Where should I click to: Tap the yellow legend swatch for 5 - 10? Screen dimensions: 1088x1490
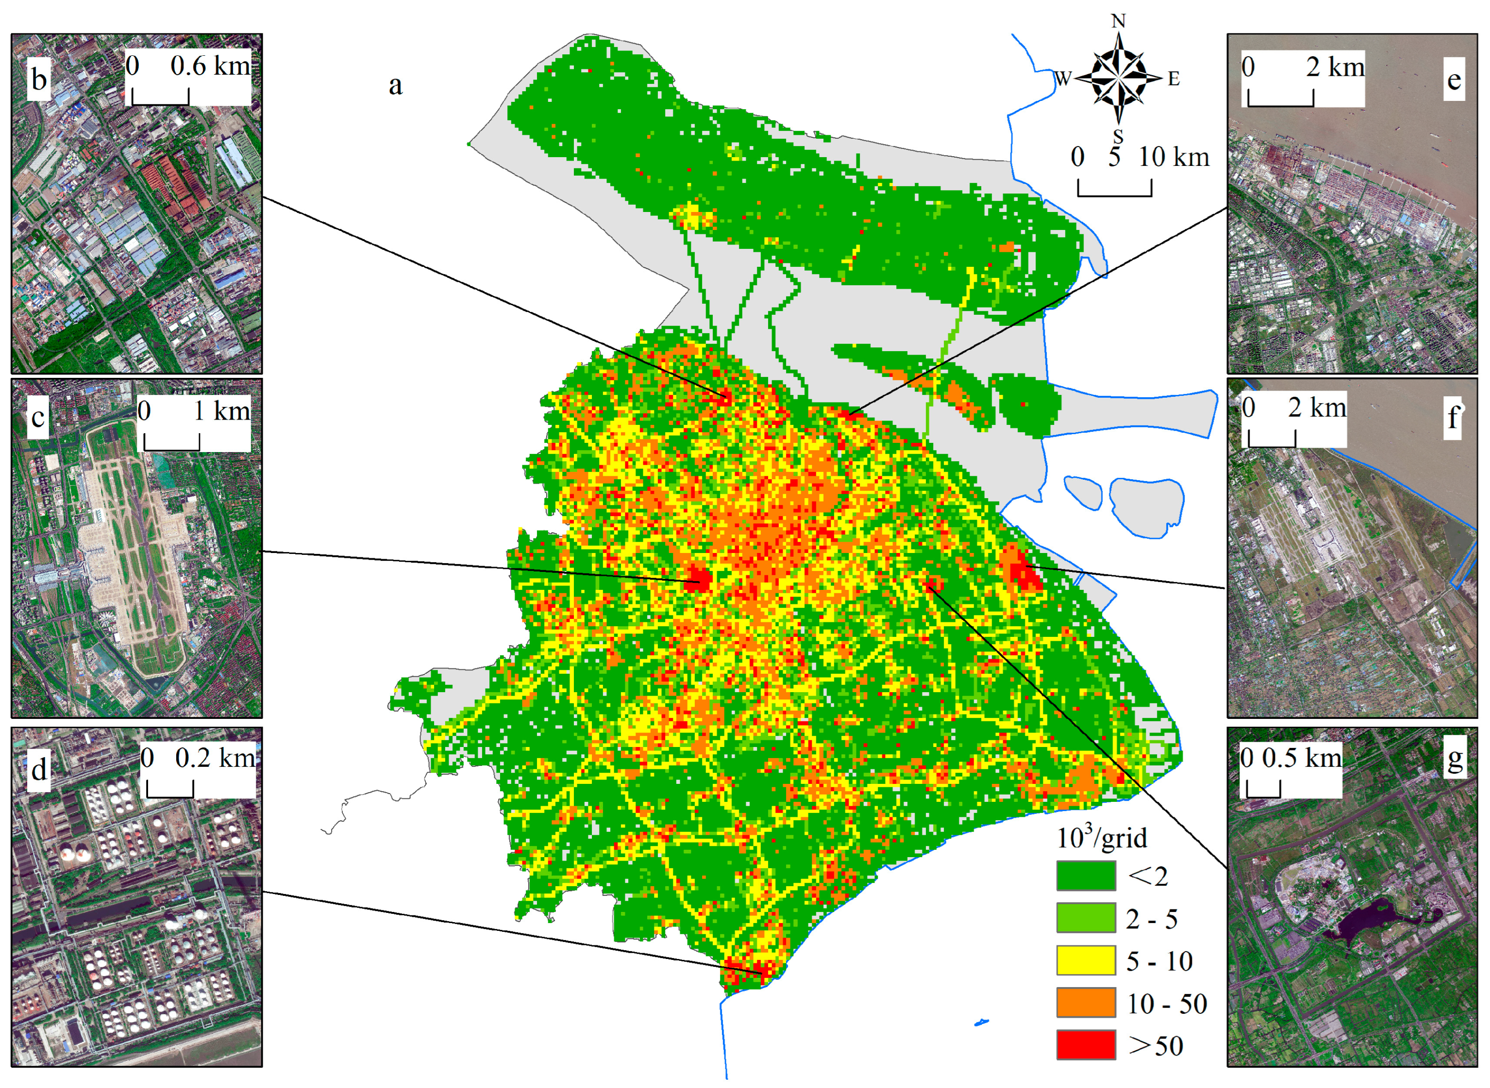[1086, 960]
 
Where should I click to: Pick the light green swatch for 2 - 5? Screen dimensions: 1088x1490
[1086, 918]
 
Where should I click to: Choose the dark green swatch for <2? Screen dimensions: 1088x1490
[1086, 876]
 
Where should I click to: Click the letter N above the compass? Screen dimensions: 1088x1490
[1118, 21]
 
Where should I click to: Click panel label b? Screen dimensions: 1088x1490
[39, 80]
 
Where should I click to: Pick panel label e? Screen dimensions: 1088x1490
[1454, 80]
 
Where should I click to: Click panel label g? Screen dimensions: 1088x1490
[1455, 759]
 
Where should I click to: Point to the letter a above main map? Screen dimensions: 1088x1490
[395, 85]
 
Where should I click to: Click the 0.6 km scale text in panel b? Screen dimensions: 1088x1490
[210, 66]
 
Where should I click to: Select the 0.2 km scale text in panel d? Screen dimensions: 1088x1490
[214, 758]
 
